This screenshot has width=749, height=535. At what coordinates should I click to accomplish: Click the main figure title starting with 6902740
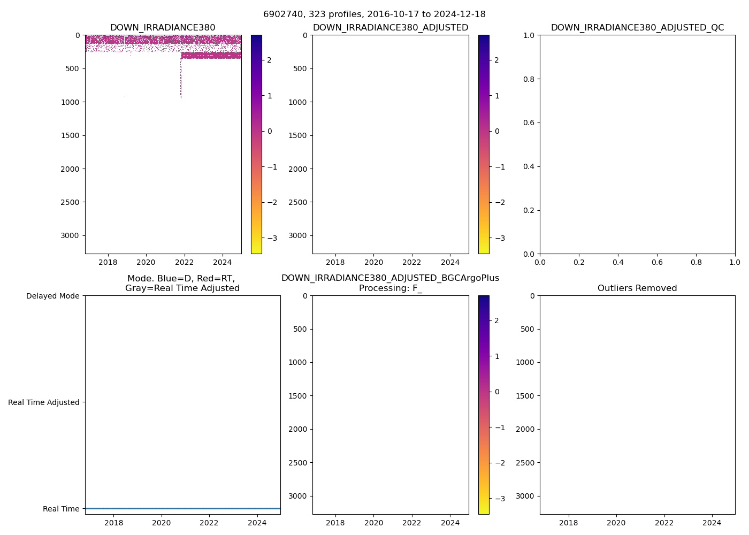coord(374,14)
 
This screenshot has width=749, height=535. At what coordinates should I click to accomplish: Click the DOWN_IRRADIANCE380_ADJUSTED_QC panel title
coord(637,28)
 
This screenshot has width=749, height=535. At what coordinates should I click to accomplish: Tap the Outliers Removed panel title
coord(637,288)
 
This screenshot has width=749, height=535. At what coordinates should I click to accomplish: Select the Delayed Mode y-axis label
coord(52,296)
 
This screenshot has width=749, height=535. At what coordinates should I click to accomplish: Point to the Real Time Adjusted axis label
coord(43,402)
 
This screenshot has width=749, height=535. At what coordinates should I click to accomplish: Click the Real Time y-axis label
coord(61,509)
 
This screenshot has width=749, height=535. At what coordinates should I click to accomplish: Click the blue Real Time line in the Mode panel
coord(182,508)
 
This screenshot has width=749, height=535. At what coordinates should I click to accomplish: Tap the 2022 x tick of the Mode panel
coord(209,523)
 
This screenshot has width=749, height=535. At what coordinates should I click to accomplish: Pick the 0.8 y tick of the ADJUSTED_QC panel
coord(529,79)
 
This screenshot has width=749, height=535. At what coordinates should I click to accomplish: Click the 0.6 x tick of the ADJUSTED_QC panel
coord(657,262)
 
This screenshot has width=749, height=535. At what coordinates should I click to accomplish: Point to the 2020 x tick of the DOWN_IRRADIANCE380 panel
coord(146,262)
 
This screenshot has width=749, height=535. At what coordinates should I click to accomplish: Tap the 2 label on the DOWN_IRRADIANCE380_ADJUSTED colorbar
coord(496,60)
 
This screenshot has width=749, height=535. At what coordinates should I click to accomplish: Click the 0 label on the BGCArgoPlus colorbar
coord(497,392)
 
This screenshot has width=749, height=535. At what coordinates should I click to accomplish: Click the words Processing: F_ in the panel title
coord(390,288)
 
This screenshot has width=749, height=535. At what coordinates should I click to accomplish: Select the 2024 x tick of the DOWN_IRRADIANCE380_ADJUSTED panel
coord(450,262)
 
